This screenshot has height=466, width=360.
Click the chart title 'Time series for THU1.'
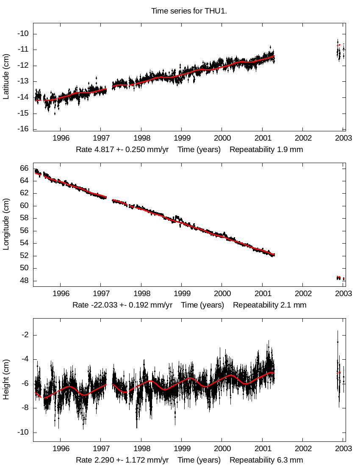(189, 11)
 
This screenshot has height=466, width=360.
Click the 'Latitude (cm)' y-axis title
(6, 77)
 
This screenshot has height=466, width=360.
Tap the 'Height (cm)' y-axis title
(6, 380)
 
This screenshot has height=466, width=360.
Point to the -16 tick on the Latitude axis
(24, 129)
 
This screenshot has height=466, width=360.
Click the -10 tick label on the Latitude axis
(24, 34)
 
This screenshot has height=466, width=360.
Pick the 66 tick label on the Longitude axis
(25, 169)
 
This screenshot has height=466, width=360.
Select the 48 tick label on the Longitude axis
(25, 281)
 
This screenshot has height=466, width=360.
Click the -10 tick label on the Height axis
(24, 433)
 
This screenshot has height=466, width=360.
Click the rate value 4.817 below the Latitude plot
(102, 150)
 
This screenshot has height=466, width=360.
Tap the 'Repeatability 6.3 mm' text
(266, 460)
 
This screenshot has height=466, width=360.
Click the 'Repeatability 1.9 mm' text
(266, 150)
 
